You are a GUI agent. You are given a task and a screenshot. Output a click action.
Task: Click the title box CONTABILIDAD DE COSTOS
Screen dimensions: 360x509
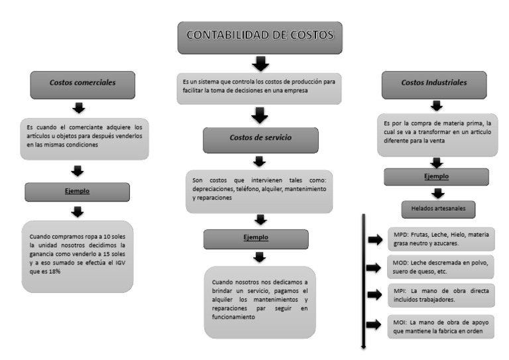pyautogui.click(x=260, y=38)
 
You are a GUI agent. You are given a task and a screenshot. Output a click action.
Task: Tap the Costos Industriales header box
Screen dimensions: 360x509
pyautogui.click(x=434, y=84)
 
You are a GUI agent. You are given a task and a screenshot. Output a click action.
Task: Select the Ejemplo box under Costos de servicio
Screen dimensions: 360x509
pyautogui.click(x=255, y=238)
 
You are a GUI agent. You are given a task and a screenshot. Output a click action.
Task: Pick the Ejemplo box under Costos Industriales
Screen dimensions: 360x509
pyautogui.click(x=435, y=177)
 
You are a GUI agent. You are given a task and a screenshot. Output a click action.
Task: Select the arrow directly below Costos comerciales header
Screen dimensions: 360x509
pyautogui.click(x=80, y=108)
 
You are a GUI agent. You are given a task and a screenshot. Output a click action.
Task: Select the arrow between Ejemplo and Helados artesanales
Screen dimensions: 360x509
pyautogui.click(x=437, y=194)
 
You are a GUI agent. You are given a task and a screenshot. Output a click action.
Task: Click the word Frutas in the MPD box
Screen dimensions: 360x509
pyautogui.click(x=420, y=235)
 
